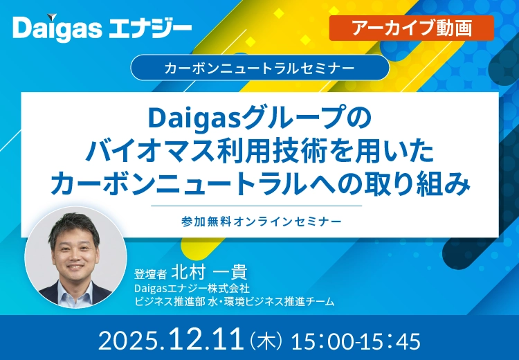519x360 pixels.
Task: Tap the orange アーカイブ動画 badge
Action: [412, 28]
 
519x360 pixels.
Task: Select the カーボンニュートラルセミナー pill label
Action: [259, 68]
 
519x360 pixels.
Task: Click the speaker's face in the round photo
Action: [75, 249]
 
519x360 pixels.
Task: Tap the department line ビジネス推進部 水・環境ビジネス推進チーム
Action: [235, 301]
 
